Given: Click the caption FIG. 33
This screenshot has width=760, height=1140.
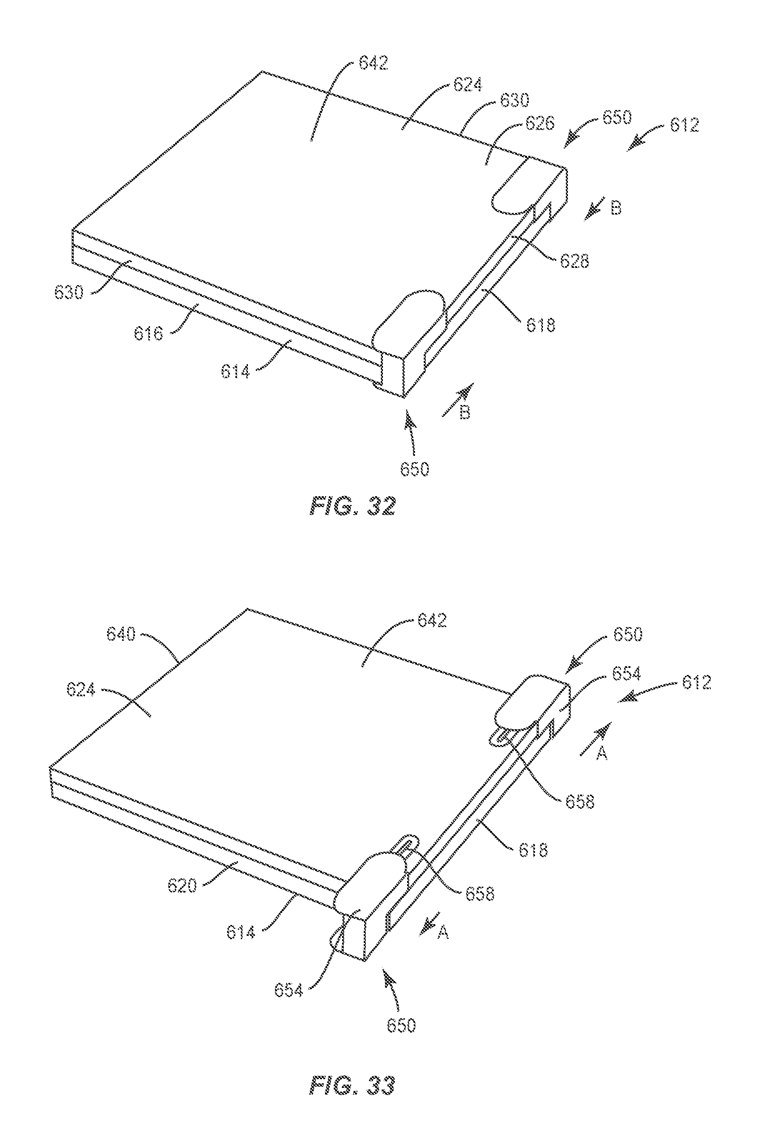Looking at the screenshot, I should tap(352, 1072).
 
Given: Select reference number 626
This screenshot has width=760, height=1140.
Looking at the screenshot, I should tap(540, 123).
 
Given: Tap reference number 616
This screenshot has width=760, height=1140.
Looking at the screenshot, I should tap(149, 333).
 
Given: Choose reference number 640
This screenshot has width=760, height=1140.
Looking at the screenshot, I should tap(121, 635).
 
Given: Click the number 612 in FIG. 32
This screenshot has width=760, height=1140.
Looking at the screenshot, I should tap(685, 125).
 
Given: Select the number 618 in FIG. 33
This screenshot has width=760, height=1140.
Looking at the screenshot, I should tap(533, 850).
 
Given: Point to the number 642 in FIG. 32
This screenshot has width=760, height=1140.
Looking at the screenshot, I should tap(373, 63).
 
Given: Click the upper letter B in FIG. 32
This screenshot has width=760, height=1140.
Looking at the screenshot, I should tap(615, 209).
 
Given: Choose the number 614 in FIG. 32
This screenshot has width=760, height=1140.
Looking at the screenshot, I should tap(235, 372).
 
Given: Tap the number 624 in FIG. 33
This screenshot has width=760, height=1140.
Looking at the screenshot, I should tap(81, 689).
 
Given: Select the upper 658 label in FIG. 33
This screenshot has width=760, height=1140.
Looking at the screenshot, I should tap(580, 802).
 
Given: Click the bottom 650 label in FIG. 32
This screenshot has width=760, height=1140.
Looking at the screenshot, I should tap(415, 469).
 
